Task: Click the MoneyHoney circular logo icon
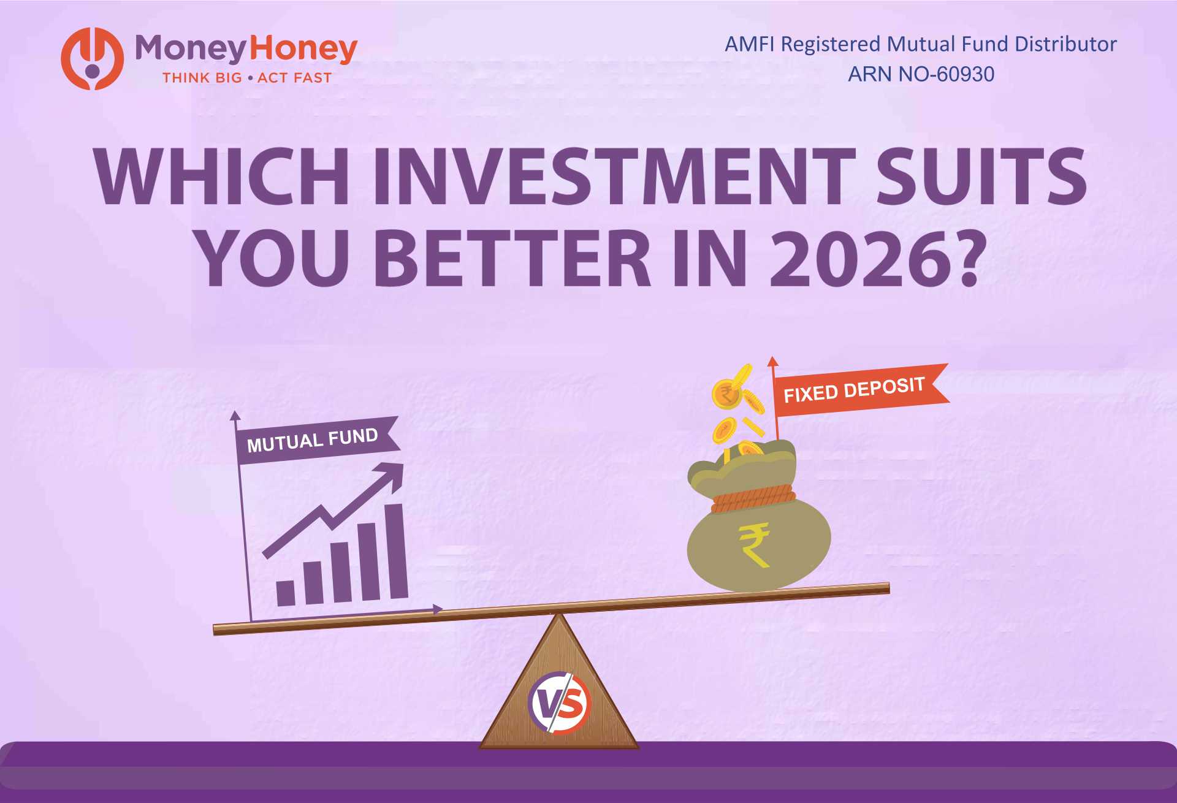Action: point(92,59)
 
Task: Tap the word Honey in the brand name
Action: point(304,49)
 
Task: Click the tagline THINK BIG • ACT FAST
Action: point(246,78)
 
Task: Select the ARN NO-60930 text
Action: point(921,74)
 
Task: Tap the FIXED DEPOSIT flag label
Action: point(855,390)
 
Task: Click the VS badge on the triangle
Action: point(558,703)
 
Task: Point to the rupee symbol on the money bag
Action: point(755,544)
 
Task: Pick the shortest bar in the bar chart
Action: point(286,593)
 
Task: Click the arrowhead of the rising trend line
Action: point(392,473)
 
